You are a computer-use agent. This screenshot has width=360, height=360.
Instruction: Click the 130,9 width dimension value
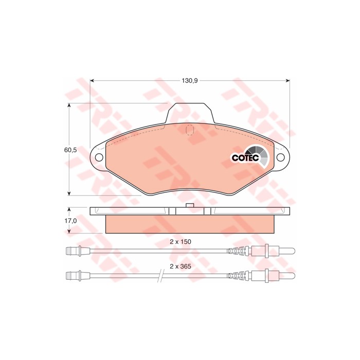[190, 81]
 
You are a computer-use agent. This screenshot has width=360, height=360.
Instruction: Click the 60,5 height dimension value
[70, 150]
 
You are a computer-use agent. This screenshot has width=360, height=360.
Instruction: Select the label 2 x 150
[180, 242]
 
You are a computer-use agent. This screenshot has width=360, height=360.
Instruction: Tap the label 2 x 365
[180, 266]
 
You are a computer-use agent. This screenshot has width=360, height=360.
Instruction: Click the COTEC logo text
[245, 158]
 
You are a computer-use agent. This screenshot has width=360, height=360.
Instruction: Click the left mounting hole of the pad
[99, 157]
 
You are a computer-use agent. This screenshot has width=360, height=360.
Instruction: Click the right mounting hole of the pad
[280, 157]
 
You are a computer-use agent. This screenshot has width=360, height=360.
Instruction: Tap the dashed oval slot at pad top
[190, 130]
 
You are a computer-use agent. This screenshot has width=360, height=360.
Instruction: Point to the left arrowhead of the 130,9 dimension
[92, 81]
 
